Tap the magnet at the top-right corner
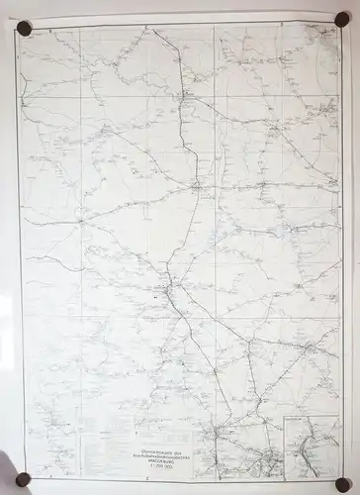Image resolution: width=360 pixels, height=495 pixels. [x=341, y=19]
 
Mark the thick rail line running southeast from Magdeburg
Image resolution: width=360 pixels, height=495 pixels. [x=198, y=337]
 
